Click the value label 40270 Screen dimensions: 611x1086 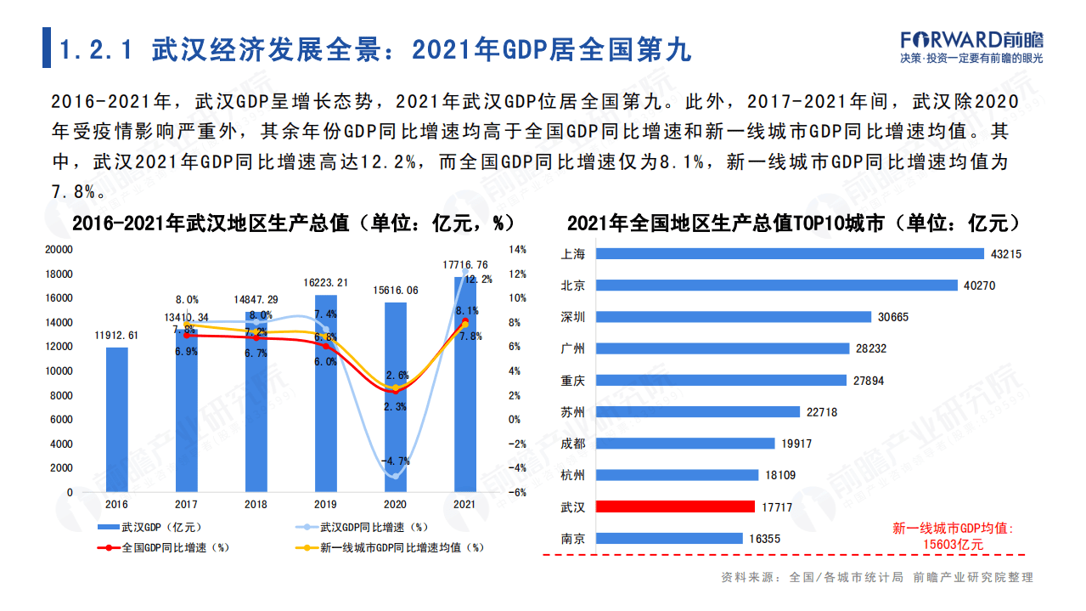point(979,286)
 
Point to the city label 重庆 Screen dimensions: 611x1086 point(573,380)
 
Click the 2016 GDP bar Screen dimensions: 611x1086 point(116,420)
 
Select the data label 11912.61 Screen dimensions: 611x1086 point(116,336)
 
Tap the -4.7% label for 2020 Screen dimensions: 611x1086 point(395,461)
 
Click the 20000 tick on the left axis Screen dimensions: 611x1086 point(59,250)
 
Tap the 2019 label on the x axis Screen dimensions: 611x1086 point(325,504)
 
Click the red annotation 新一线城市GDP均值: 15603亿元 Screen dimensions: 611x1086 point(952,536)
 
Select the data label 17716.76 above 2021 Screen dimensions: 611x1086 point(465,265)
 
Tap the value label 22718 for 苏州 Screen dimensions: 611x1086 point(822,412)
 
